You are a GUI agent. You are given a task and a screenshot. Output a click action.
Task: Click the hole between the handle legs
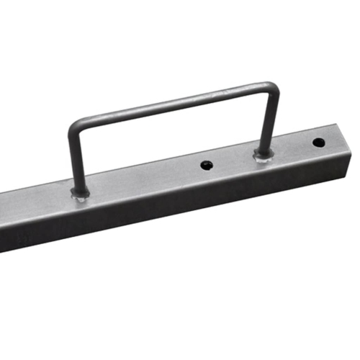pyautogui.click(x=207, y=165)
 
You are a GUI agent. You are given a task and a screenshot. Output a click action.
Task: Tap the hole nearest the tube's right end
pyautogui.click(x=318, y=141)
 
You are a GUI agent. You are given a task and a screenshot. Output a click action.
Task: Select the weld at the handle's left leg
pyautogui.click(x=80, y=193)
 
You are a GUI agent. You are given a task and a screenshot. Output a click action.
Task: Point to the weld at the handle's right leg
pyautogui.click(x=263, y=154)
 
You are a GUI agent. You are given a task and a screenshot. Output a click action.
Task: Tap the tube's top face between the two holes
pyautogui.click(x=292, y=148)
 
